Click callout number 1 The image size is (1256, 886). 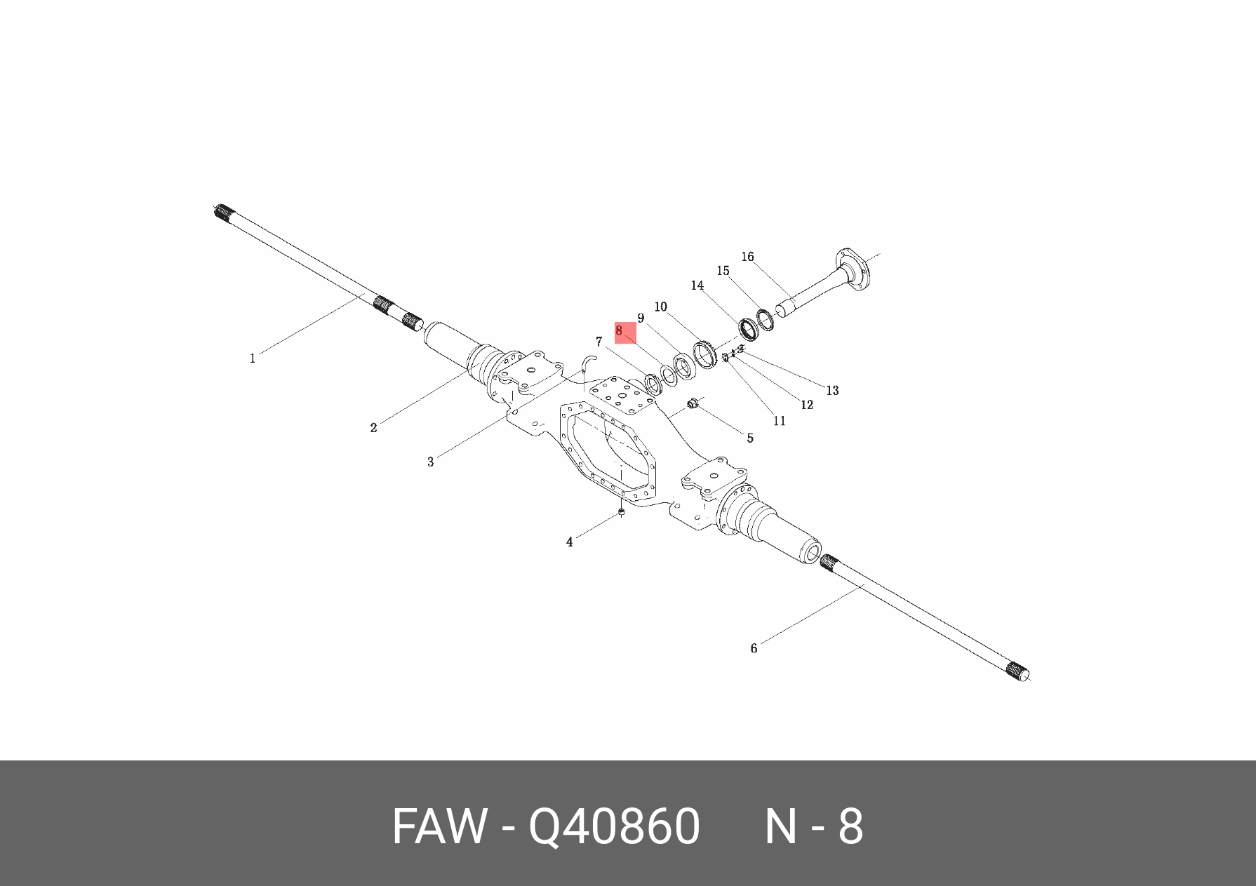(253, 358)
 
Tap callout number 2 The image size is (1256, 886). (373, 428)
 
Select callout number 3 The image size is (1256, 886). (430, 462)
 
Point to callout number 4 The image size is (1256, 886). (569, 542)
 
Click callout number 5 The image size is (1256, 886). (749, 438)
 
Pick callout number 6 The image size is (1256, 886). (754, 648)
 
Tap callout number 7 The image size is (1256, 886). (599, 342)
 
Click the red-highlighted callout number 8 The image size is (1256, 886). (620, 330)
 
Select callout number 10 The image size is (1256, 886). (660, 307)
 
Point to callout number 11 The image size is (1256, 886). (779, 421)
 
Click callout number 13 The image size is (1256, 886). (832, 391)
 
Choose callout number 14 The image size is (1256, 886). (697, 286)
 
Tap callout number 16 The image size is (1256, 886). (747, 257)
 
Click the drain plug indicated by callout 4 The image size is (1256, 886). (621, 513)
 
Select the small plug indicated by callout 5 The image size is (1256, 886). (693, 404)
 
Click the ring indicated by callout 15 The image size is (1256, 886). (765, 319)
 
